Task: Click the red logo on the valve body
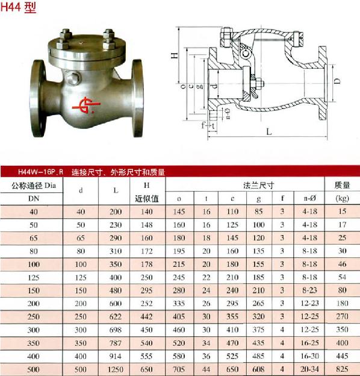86,105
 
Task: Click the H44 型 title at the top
18,7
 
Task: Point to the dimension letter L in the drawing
269,131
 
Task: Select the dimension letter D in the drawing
337,81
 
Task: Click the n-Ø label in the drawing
228,113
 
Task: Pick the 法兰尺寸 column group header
258,185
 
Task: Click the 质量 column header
342,185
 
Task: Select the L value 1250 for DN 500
116,369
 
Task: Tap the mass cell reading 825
342,369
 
